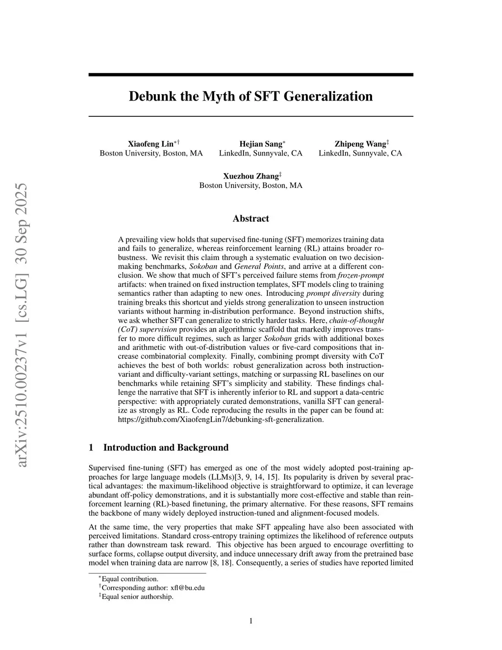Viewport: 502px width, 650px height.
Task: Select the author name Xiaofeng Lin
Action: point(151,144)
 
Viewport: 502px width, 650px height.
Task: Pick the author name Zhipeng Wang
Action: point(360,144)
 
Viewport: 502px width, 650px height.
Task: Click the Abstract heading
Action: point(251,219)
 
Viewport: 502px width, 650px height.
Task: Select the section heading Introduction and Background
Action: point(166,447)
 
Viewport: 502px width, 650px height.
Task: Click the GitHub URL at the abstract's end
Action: point(221,419)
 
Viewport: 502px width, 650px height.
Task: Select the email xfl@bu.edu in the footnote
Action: point(191,588)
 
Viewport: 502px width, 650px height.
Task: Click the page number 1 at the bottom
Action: point(251,622)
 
